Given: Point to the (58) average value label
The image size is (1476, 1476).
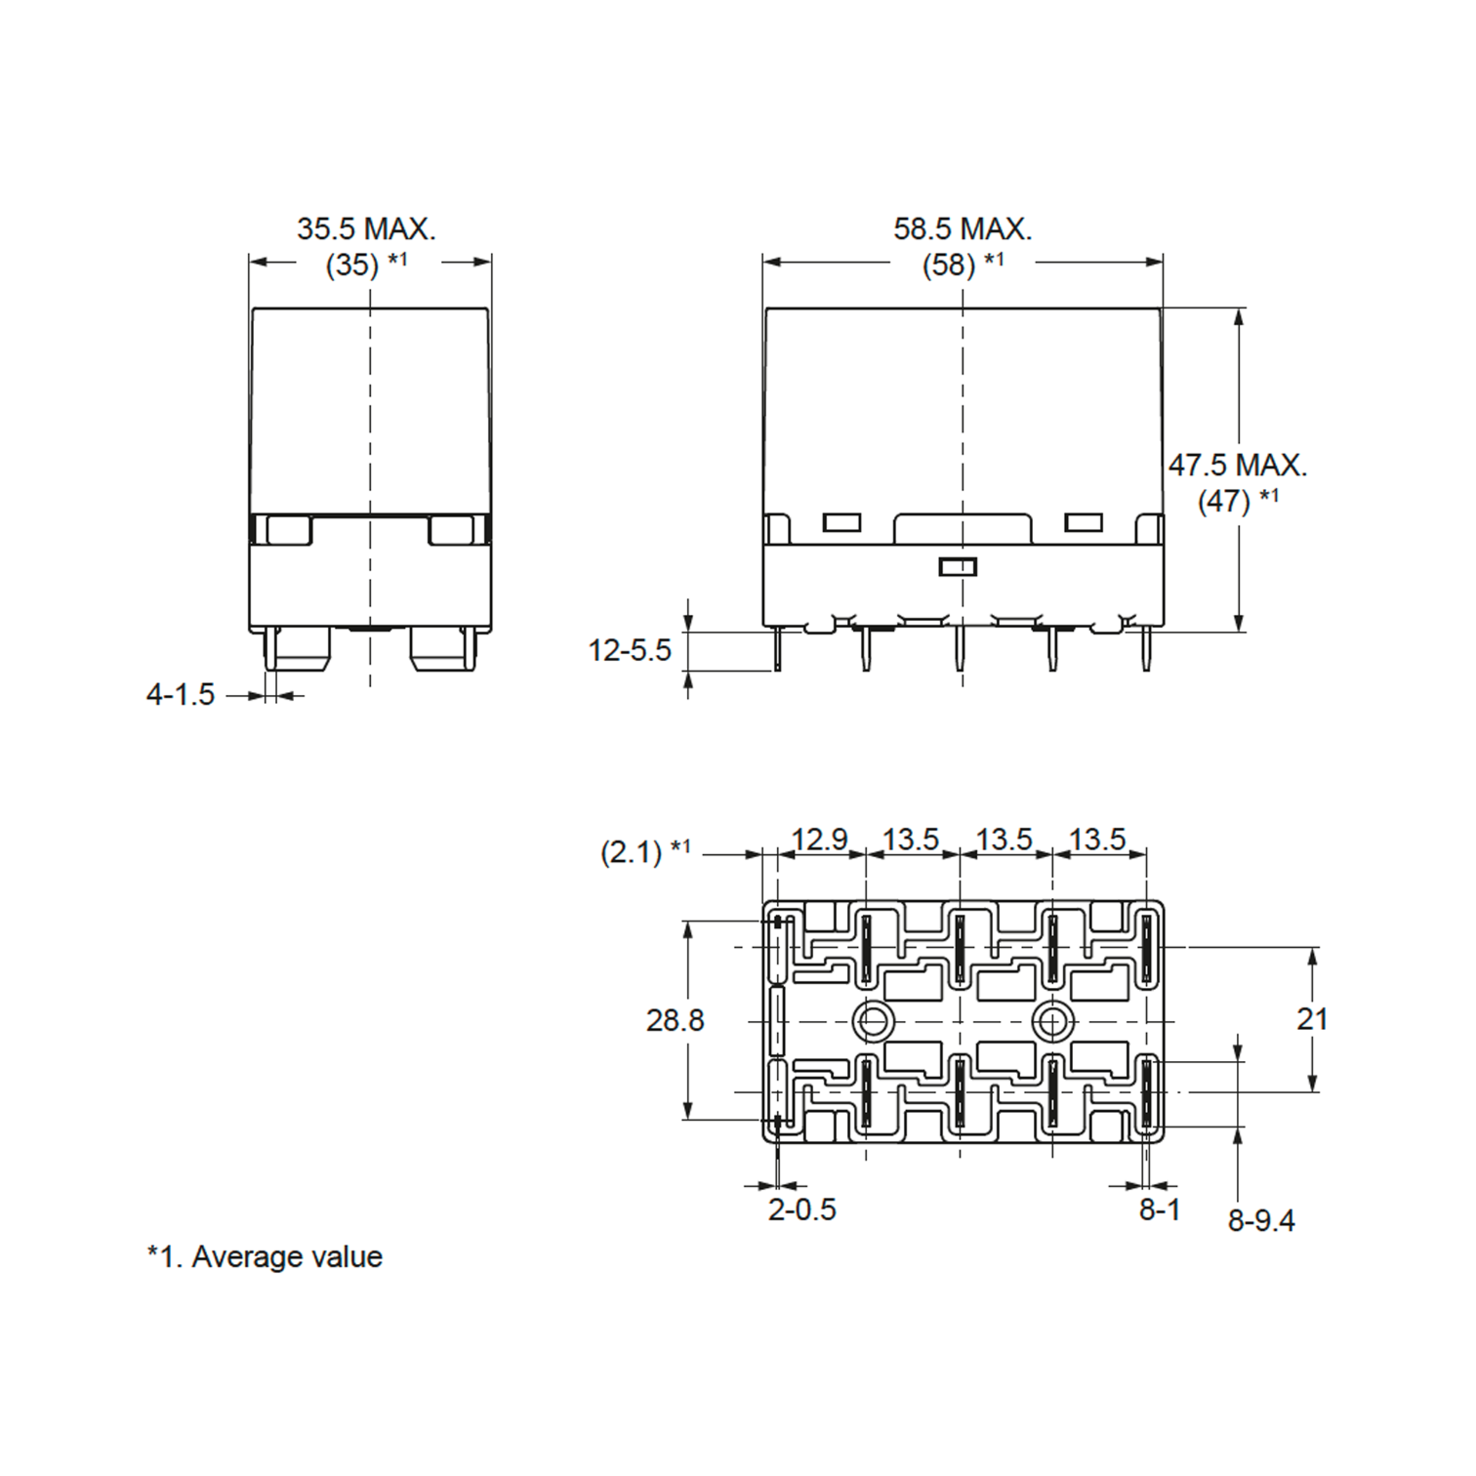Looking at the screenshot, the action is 950,265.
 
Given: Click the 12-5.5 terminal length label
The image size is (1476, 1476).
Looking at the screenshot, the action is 630,650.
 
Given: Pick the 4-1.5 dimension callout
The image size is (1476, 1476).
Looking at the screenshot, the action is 181,694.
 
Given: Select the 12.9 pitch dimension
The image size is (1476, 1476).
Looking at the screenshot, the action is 820,839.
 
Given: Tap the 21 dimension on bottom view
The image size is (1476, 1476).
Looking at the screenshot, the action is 1312,1018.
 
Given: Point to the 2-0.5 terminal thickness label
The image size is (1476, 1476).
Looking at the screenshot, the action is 802,1209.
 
